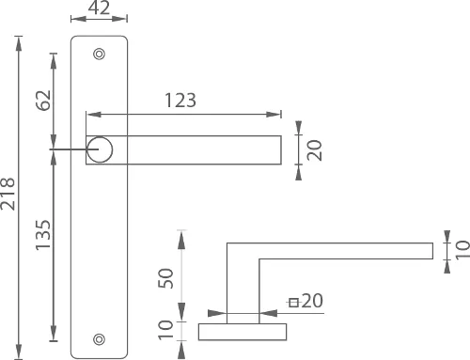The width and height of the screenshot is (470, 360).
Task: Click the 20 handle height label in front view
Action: (315, 149)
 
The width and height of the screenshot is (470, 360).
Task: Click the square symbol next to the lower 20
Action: (294, 302)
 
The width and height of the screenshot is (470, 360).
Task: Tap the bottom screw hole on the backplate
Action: (100, 338)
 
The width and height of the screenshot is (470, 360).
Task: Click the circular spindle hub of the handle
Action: (100, 149)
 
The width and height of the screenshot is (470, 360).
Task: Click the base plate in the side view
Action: (243, 330)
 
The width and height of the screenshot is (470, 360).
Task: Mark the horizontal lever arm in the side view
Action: (338, 250)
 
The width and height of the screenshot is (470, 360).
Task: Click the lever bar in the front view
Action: (197, 149)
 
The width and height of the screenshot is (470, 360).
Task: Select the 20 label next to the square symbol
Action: (313, 302)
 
